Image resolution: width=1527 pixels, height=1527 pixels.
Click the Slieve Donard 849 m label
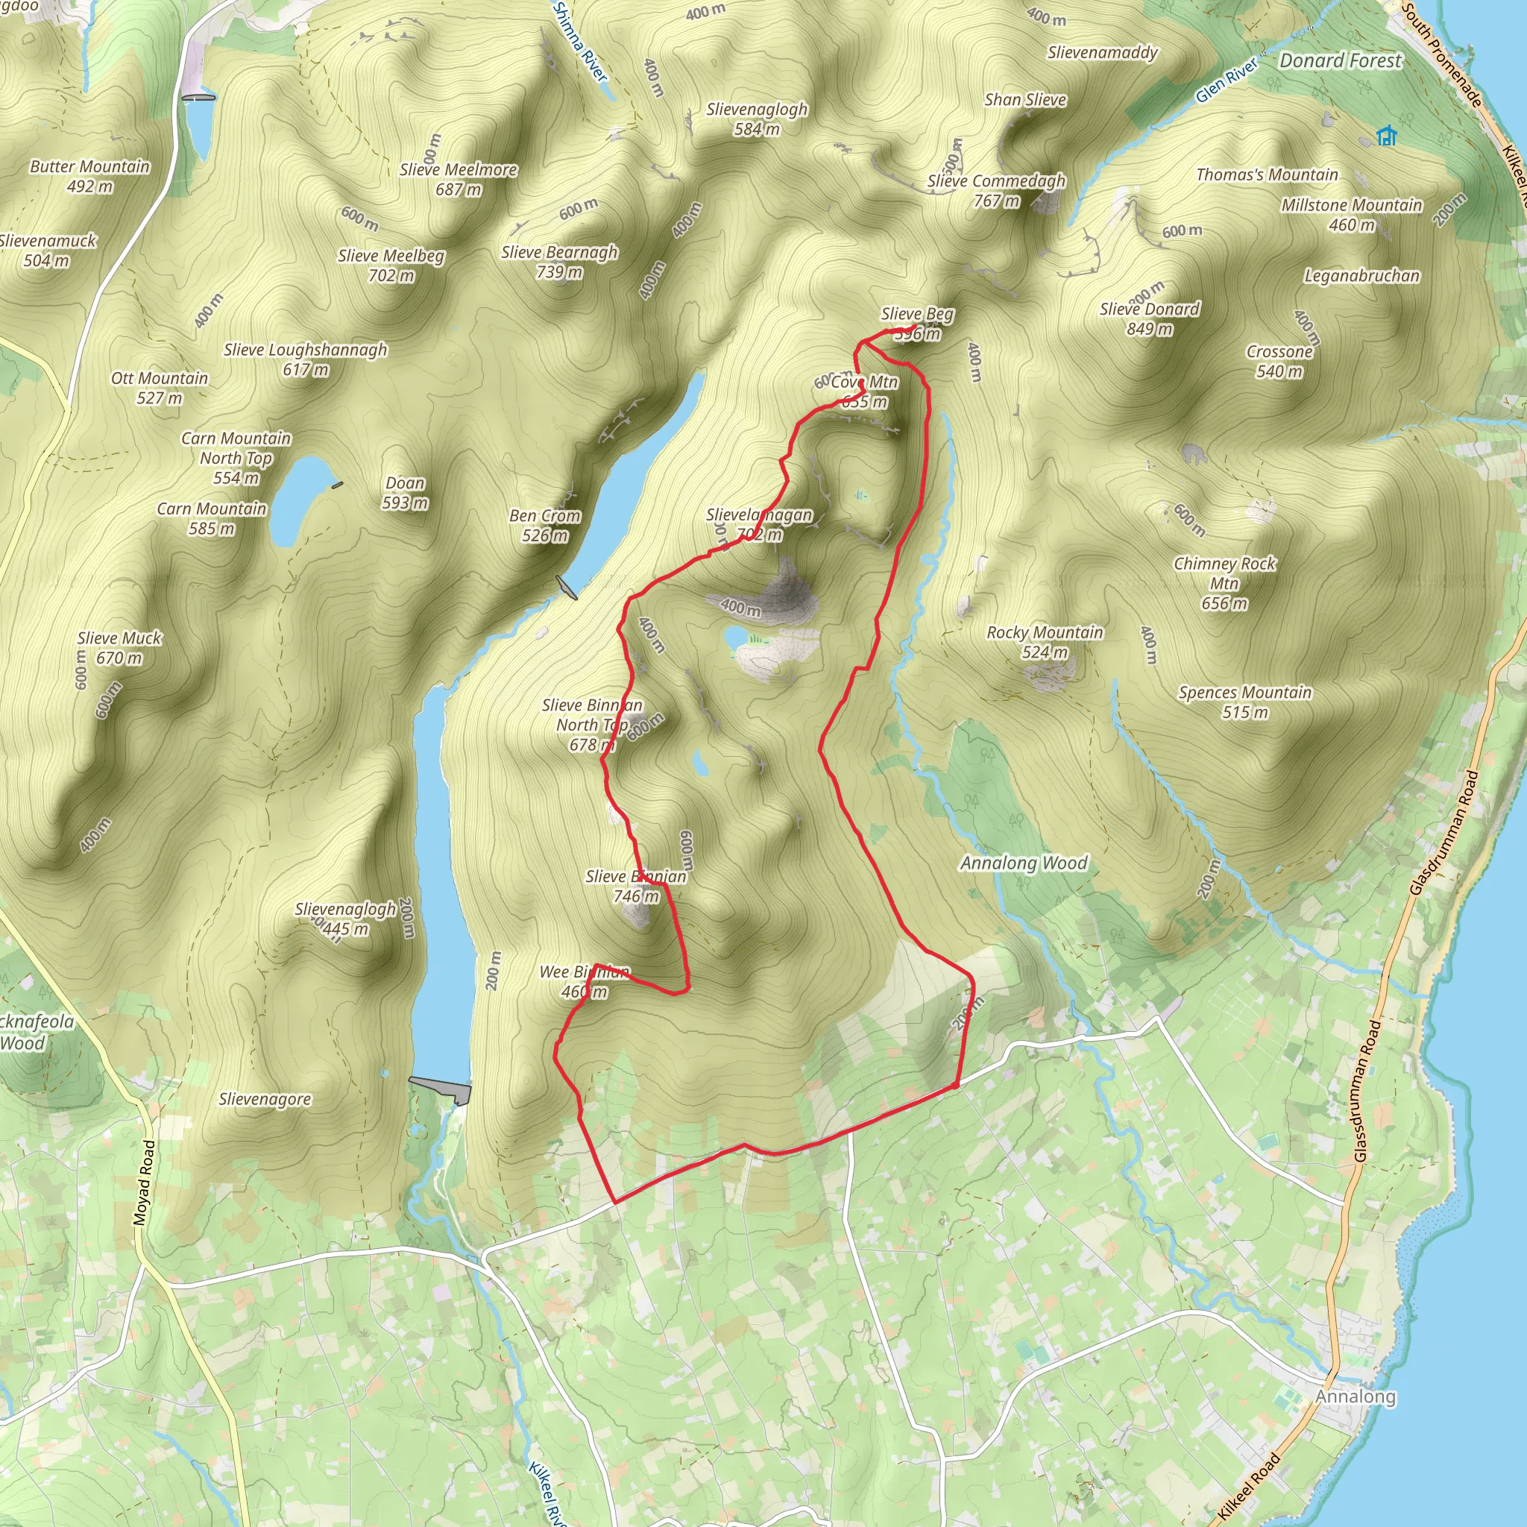(1149, 318)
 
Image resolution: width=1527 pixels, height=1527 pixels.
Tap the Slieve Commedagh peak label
(996, 190)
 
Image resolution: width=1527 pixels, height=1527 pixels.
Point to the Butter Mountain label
(89, 175)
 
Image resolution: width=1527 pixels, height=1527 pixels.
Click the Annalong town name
(1355, 1397)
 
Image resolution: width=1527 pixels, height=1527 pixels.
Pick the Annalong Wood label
(1024, 863)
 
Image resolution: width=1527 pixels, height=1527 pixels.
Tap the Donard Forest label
(1340, 61)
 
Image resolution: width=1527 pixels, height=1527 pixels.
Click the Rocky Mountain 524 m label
(1044, 642)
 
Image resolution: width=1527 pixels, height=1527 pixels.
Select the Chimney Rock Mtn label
(1224, 583)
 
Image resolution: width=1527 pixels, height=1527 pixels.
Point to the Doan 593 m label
(405, 492)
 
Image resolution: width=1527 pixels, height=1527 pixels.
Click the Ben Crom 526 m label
(544, 526)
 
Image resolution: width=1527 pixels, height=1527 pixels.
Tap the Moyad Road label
(145, 1183)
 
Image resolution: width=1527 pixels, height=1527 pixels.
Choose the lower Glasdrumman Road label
(1367, 1091)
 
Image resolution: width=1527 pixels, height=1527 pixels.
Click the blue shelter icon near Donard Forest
(1386, 136)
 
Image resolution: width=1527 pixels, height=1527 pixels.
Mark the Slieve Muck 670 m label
(119, 647)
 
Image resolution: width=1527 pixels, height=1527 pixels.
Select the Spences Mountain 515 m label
(1245, 702)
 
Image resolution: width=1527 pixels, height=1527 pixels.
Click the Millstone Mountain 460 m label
(1352, 214)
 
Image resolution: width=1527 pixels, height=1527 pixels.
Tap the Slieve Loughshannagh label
(305, 359)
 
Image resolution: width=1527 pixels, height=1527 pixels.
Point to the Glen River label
(1226, 81)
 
